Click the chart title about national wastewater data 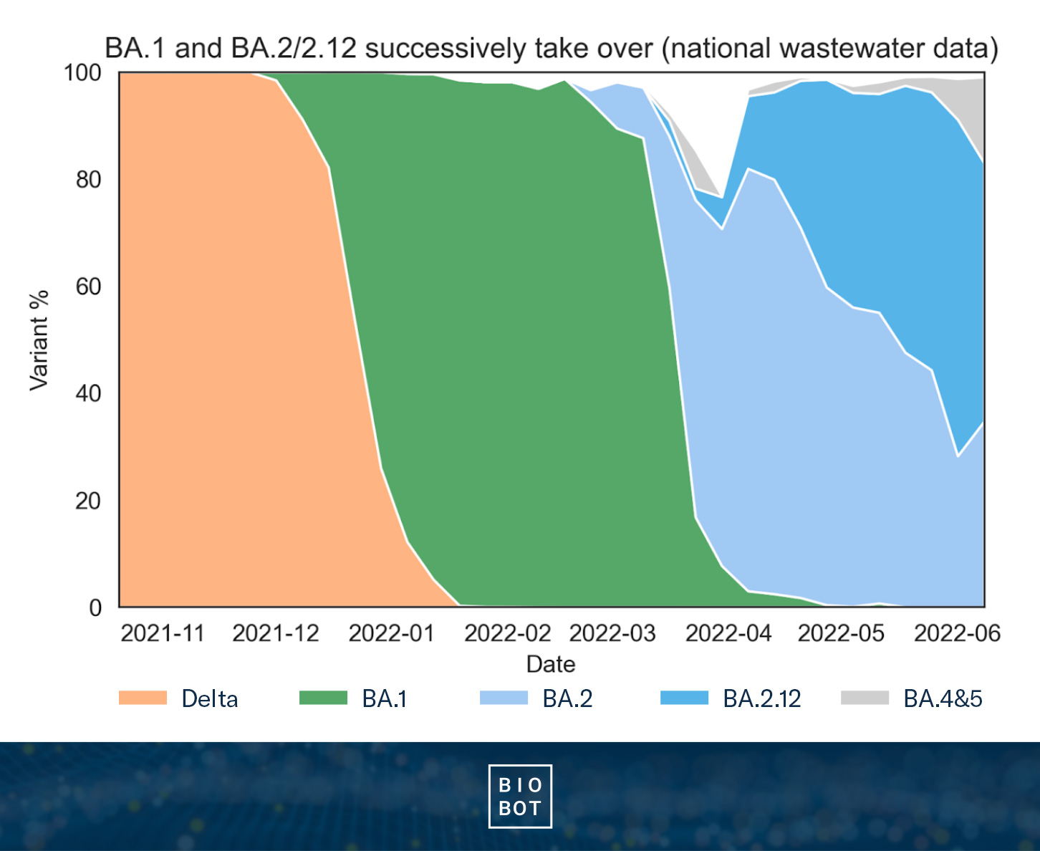point(552,49)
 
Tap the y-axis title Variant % point(39,340)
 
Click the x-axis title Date point(550,664)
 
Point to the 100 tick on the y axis point(83,72)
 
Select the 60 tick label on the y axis point(88,287)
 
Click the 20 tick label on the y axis point(88,501)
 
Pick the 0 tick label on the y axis point(95,607)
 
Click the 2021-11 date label point(163,633)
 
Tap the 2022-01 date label point(391,633)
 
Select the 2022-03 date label point(612,633)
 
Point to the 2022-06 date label point(957,633)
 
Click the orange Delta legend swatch point(143,698)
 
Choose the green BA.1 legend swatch point(323,698)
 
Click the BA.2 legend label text point(567,698)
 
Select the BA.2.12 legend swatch point(684,698)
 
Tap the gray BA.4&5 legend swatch point(865,698)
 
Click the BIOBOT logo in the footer point(520,797)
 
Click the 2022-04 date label point(728,633)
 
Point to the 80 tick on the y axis point(88,179)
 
